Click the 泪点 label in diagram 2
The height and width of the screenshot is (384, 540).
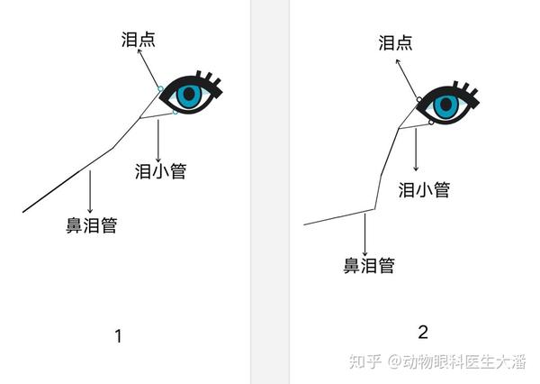pos(396,42)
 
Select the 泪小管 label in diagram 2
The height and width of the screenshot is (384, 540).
pos(424,189)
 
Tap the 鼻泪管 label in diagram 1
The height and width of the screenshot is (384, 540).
pos(91,225)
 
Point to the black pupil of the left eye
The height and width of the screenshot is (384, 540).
pos(187,93)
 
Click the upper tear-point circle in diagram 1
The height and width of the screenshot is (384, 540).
pos(160,88)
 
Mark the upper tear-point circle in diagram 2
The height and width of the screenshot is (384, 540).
pos(419,99)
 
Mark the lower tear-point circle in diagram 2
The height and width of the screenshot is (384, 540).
pos(433,122)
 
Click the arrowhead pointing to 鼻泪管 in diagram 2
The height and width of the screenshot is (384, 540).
pos(364,251)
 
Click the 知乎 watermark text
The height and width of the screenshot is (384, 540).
pos(364,361)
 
